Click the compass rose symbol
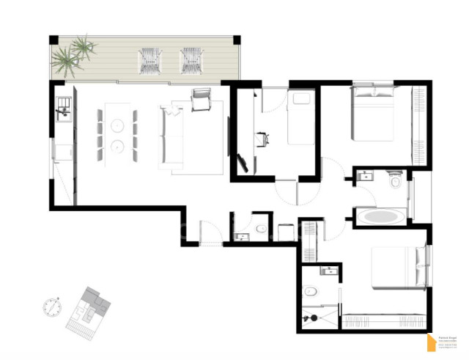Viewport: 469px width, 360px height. point(51,306)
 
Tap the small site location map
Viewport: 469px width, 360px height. point(89,308)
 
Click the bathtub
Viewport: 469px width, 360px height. point(378,217)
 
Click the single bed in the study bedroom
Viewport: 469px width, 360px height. point(299,117)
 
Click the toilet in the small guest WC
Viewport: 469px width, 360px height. point(262,229)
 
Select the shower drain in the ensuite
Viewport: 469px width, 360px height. point(314,317)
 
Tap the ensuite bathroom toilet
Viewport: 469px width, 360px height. point(311,291)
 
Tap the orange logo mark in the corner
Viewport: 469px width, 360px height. point(432,342)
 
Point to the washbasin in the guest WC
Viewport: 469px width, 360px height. point(241,235)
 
